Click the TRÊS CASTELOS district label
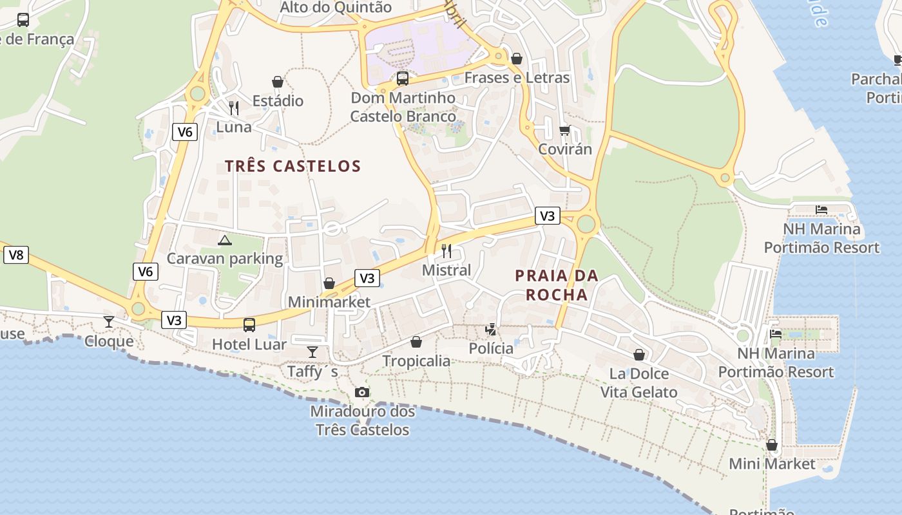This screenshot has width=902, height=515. pos(293,166)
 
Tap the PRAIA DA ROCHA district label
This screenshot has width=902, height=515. pos(557,285)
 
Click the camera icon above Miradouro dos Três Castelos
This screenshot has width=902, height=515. pos(362,393)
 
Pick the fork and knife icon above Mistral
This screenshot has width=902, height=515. pos(446,251)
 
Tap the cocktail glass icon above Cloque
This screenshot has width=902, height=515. pos(109,322)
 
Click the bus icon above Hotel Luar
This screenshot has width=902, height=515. pos(249,325)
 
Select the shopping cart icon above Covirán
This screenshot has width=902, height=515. pos(565,131)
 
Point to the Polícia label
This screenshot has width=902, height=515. pos(491,349)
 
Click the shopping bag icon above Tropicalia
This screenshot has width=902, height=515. pos(416,342)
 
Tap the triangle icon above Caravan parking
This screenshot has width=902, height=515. pos(224,241)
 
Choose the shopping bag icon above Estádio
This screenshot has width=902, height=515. pos(278,82)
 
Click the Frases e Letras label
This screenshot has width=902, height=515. pos(517,78)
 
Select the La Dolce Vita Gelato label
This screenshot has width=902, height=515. pos(638,383)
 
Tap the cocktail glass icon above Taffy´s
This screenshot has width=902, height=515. pos(312,352)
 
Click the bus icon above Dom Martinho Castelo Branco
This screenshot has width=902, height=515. pos(403,79)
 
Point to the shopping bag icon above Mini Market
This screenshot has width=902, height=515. pos(772,445)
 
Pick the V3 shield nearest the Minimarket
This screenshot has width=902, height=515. pos(367,278)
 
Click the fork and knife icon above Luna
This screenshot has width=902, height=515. pos(234,108)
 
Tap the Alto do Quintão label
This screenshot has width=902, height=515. pos(336,8)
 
